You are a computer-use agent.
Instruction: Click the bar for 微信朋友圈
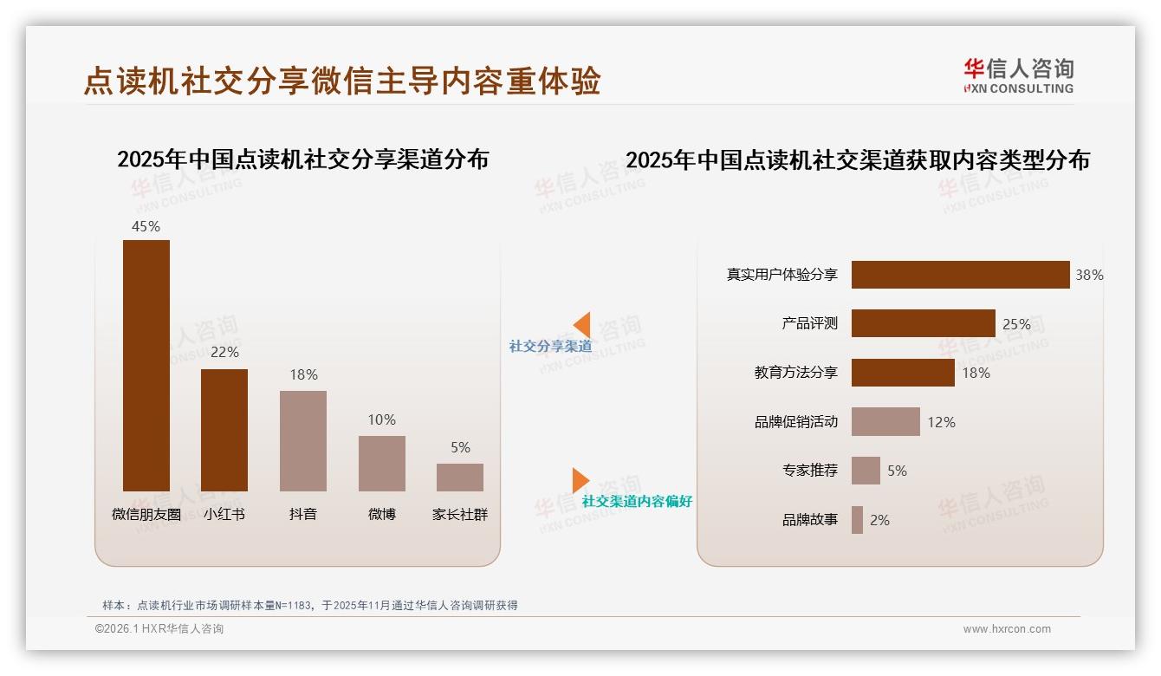(146, 365)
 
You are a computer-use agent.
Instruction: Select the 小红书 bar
(224, 430)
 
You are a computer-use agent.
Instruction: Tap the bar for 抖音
(303, 440)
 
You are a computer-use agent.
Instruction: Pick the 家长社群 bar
(460, 478)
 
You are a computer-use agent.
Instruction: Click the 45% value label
(146, 226)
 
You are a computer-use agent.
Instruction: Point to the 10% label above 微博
(382, 419)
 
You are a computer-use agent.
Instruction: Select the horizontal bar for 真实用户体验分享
(960, 275)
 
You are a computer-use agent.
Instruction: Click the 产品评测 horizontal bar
(923, 323)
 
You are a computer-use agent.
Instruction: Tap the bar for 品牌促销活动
(885, 422)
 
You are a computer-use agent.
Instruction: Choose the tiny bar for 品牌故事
(857, 520)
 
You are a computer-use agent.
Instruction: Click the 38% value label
(1089, 275)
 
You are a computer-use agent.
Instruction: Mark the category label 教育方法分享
(796, 373)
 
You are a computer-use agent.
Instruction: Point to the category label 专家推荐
(810, 471)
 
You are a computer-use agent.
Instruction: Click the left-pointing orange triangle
(582, 325)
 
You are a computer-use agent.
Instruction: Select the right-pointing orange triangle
(580, 480)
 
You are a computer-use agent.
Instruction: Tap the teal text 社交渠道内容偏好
(637, 501)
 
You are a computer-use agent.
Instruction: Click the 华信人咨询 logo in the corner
(1018, 75)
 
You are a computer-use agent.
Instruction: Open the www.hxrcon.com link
(1007, 629)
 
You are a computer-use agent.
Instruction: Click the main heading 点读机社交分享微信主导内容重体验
(341, 81)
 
